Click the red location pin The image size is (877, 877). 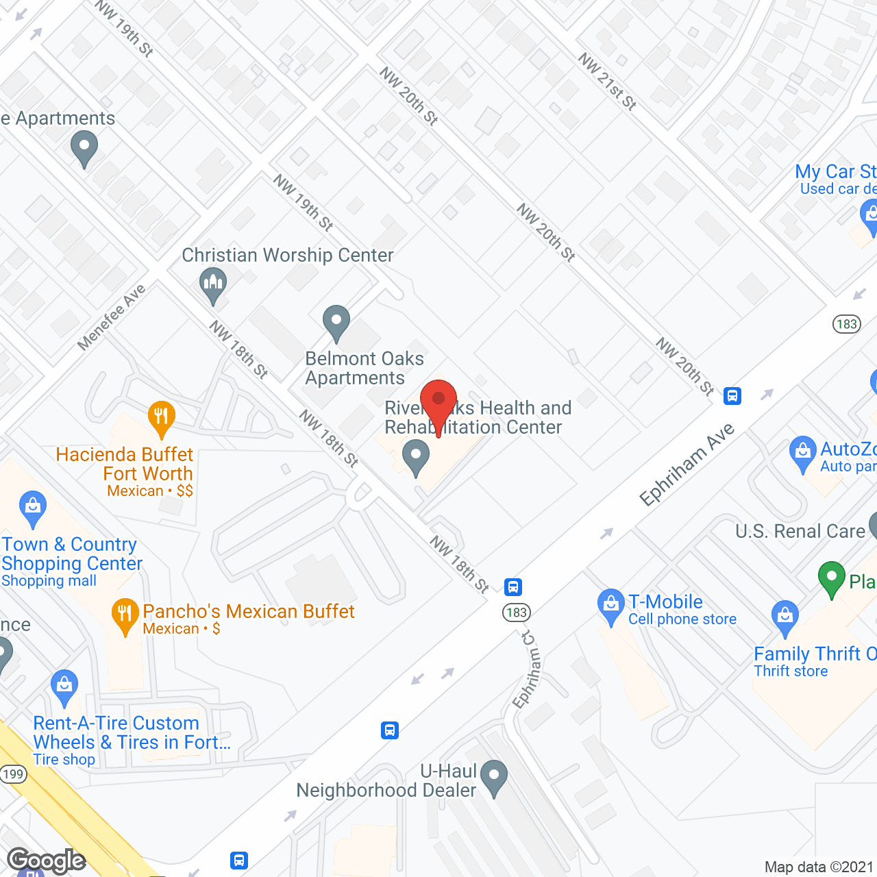point(438,401)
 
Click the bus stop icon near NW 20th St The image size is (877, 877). point(732,395)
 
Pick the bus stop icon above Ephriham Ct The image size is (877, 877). point(513,586)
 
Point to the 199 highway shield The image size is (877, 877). point(12,774)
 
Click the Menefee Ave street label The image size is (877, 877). point(111,317)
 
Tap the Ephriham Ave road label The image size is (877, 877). point(687,465)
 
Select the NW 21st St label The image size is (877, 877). point(607,82)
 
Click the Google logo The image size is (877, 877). point(47,861)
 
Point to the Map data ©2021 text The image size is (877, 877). point(819,867)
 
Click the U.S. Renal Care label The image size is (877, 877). point(800,531)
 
